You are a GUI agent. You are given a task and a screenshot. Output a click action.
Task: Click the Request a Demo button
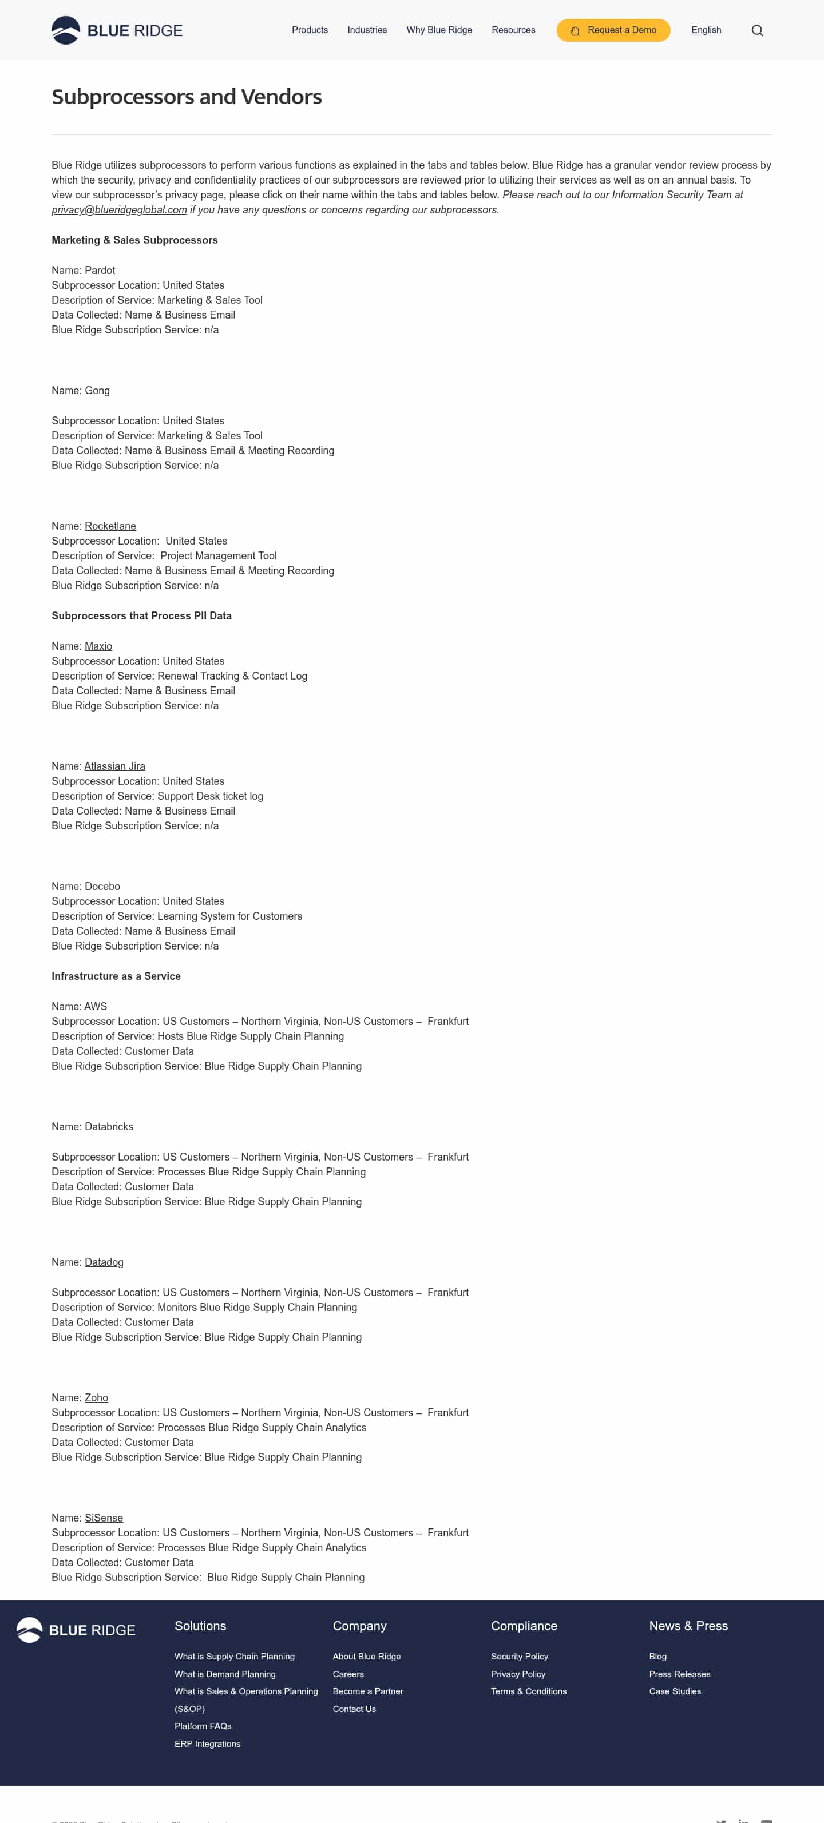[613, 30]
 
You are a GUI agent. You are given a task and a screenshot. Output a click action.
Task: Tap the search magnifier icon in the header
[756, 30]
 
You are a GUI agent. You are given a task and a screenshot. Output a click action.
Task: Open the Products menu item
[310, 30]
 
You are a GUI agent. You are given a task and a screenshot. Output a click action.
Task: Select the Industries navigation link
[367, 30]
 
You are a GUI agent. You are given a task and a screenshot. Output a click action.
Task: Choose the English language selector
[706, 30]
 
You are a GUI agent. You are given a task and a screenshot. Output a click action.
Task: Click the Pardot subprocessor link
[100, 271]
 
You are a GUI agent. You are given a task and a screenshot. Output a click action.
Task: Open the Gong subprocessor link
[97, 391]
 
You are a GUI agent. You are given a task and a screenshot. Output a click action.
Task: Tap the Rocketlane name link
[110, 526]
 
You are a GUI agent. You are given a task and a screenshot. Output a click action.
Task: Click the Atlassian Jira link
[114, 766]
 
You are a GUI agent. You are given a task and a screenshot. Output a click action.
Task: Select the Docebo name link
[102, 887]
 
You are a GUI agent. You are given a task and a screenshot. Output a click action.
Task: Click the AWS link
[96, 1006]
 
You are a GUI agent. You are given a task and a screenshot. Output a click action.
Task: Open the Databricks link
[109, 1127]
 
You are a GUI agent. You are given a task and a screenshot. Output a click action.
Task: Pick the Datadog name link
[104, 1262]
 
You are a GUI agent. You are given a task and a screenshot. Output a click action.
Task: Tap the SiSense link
[104, 1518]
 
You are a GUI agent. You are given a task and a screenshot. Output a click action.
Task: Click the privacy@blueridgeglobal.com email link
[119, 210]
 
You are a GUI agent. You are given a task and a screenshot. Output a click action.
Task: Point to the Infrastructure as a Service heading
[116, 976]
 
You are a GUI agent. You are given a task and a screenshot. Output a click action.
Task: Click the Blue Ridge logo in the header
[117, 30]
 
